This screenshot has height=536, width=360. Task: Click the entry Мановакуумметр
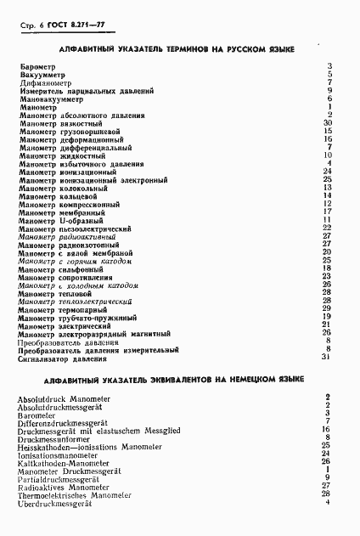(x=49, y=99)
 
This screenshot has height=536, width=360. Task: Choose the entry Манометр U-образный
(x=62, y=221)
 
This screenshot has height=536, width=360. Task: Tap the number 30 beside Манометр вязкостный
(x=326, y=123)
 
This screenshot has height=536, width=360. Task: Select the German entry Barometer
(x=39, y=415)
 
